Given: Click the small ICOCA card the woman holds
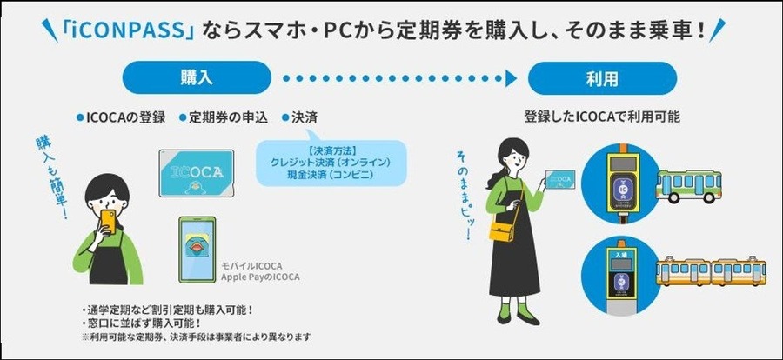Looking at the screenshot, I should [x=560, y=180].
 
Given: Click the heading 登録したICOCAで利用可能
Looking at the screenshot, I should [x=602, y=116].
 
